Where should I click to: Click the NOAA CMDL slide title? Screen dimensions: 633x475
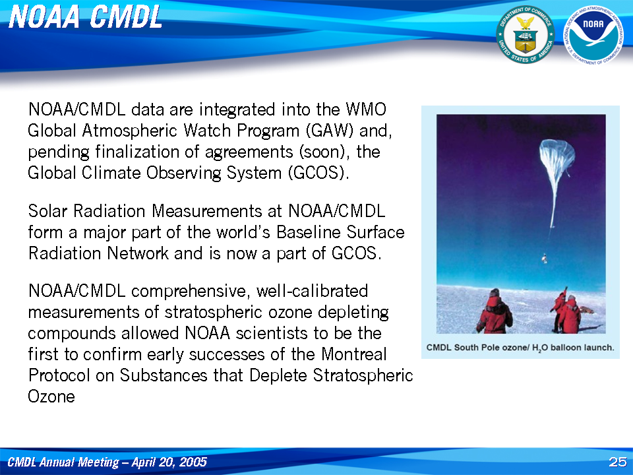pyautogui.click(x=85, y=18)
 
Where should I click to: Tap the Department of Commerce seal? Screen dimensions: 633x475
pyautogui.click(x=526, y=35)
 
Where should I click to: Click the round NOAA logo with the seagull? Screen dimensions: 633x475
pyautogui.click(x=593, y=35)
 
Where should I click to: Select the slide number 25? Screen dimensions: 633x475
pyautogui.click(x=618, y=462)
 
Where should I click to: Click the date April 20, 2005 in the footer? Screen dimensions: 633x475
pyautogui.click(x=169, y=462)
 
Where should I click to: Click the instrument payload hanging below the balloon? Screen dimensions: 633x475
pyautogui.click(x=545, y=258)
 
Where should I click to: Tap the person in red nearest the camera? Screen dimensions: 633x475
pyautogui.click(x=495, y=311)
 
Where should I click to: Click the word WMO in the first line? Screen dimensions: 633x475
pyautogui.click(x=366, y=110)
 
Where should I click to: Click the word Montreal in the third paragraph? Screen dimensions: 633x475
pyautogui.click(x=353, y=354)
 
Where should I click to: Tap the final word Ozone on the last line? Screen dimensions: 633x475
pyautogui.click(x=51, y=396)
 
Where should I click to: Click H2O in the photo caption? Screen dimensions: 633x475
pyautogui.click(x=539, y=348)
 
